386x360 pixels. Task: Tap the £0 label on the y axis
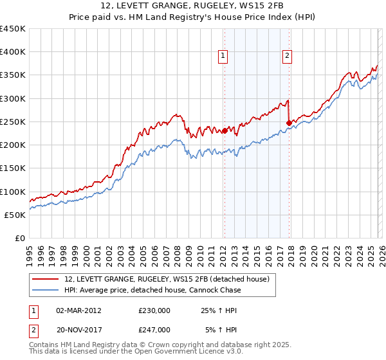pos(20,238)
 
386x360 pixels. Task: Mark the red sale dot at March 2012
pos(225,131)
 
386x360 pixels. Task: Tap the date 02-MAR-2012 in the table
pos(78,310)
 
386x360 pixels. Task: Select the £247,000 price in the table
pos(154,330)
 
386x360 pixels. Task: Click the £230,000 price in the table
pos(154,310)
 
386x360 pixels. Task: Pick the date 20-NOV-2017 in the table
pos(78,330)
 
